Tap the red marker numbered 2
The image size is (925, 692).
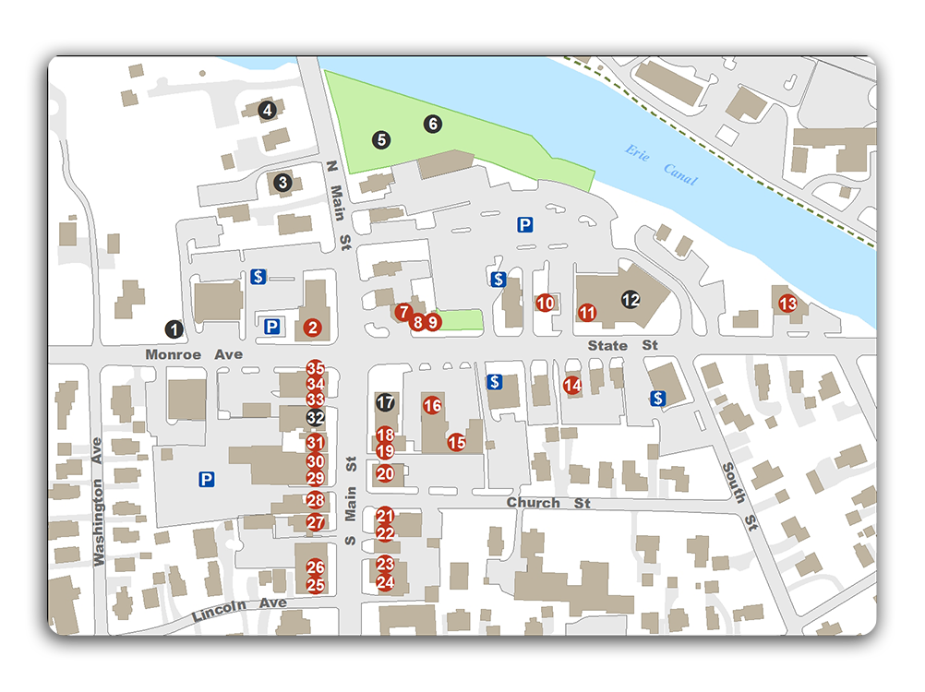313,327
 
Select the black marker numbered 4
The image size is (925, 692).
268,111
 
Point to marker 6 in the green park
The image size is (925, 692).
433,124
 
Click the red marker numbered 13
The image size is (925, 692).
787,303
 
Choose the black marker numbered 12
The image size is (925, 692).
631,300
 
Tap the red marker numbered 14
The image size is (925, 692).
572,385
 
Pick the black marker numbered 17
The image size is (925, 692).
386,402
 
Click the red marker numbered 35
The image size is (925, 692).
316,368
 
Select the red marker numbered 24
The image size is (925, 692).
386,582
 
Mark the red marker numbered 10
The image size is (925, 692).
546,303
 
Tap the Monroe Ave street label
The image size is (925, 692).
194,354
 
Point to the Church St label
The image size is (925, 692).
547,503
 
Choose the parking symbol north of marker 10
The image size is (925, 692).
525,224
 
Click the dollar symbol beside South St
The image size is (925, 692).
657,399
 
